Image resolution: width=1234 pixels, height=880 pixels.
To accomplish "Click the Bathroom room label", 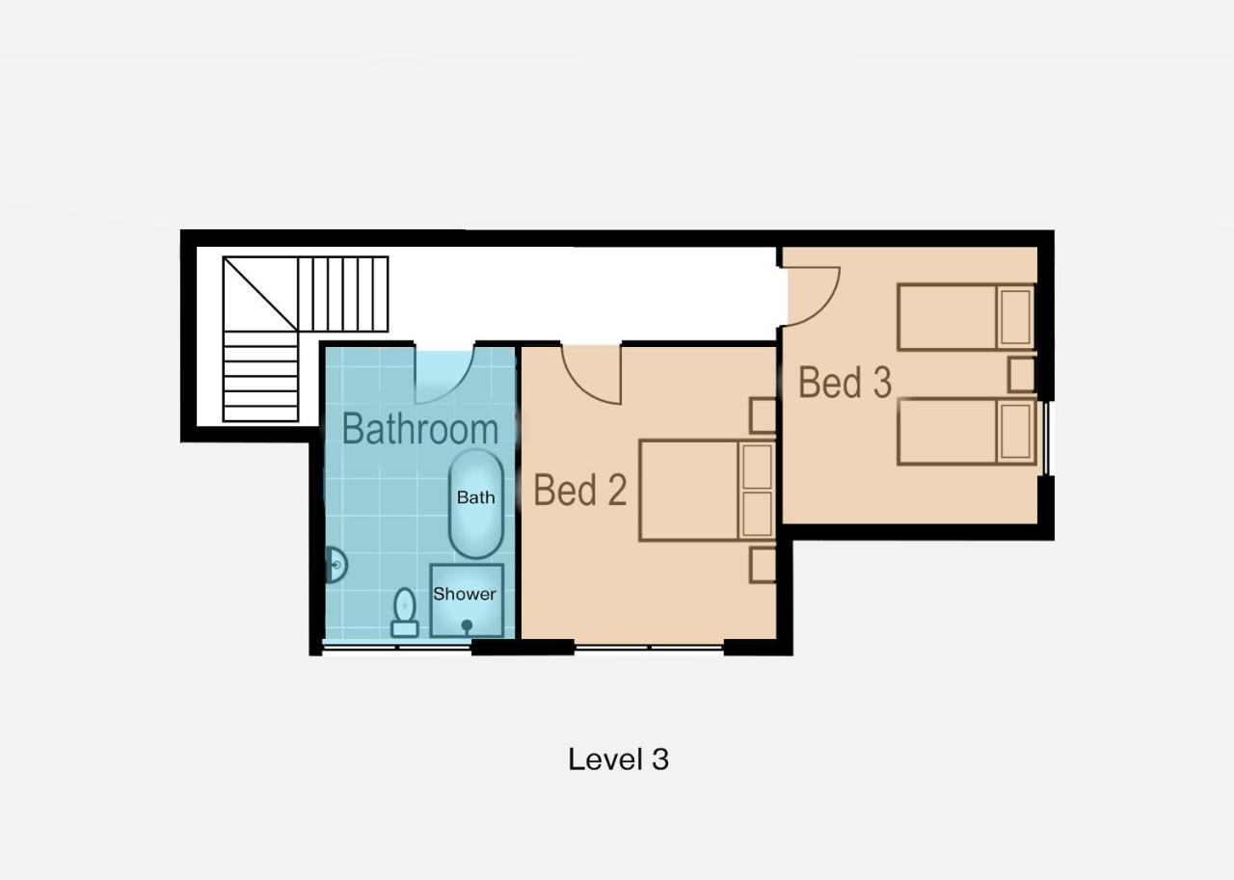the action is click(x=420, y=429).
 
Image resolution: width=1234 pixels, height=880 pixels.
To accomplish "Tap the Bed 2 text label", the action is click(x=580, y=490).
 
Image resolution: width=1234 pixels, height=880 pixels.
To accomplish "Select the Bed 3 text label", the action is click(x=845, y=383).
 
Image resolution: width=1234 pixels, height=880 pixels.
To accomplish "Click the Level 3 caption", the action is click(x=618, y=760).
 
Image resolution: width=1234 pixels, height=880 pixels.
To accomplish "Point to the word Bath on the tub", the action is click(x=476, y=497).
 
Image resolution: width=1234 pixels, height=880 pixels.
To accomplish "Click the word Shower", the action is click(x=465, y=594).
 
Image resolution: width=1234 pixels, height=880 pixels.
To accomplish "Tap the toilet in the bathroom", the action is click(x=405, y=612).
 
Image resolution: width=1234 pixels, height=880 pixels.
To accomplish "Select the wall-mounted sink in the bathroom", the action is click(x=336, y=565).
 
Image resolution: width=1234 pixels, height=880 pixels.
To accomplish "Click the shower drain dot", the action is click(x=467, y=625).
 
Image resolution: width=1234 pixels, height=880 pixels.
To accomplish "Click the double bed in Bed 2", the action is click(x=708, y=490).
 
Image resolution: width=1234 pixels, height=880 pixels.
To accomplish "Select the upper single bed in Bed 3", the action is click(x=966, y=317).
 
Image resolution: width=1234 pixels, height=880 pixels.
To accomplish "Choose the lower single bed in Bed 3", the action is click(x=966, y=433).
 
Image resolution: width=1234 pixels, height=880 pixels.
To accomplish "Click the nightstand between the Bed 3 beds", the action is click(x=1022, y=375).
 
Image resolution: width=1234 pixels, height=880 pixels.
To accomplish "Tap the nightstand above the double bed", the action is click(x=763, y=415).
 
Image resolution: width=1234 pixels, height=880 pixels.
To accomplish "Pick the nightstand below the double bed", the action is click(x=763, y=565).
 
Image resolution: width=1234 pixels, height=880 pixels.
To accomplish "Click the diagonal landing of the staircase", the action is click(x=260, y=294).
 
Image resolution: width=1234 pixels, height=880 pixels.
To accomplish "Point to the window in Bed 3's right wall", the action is click(x=1046, y=438).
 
